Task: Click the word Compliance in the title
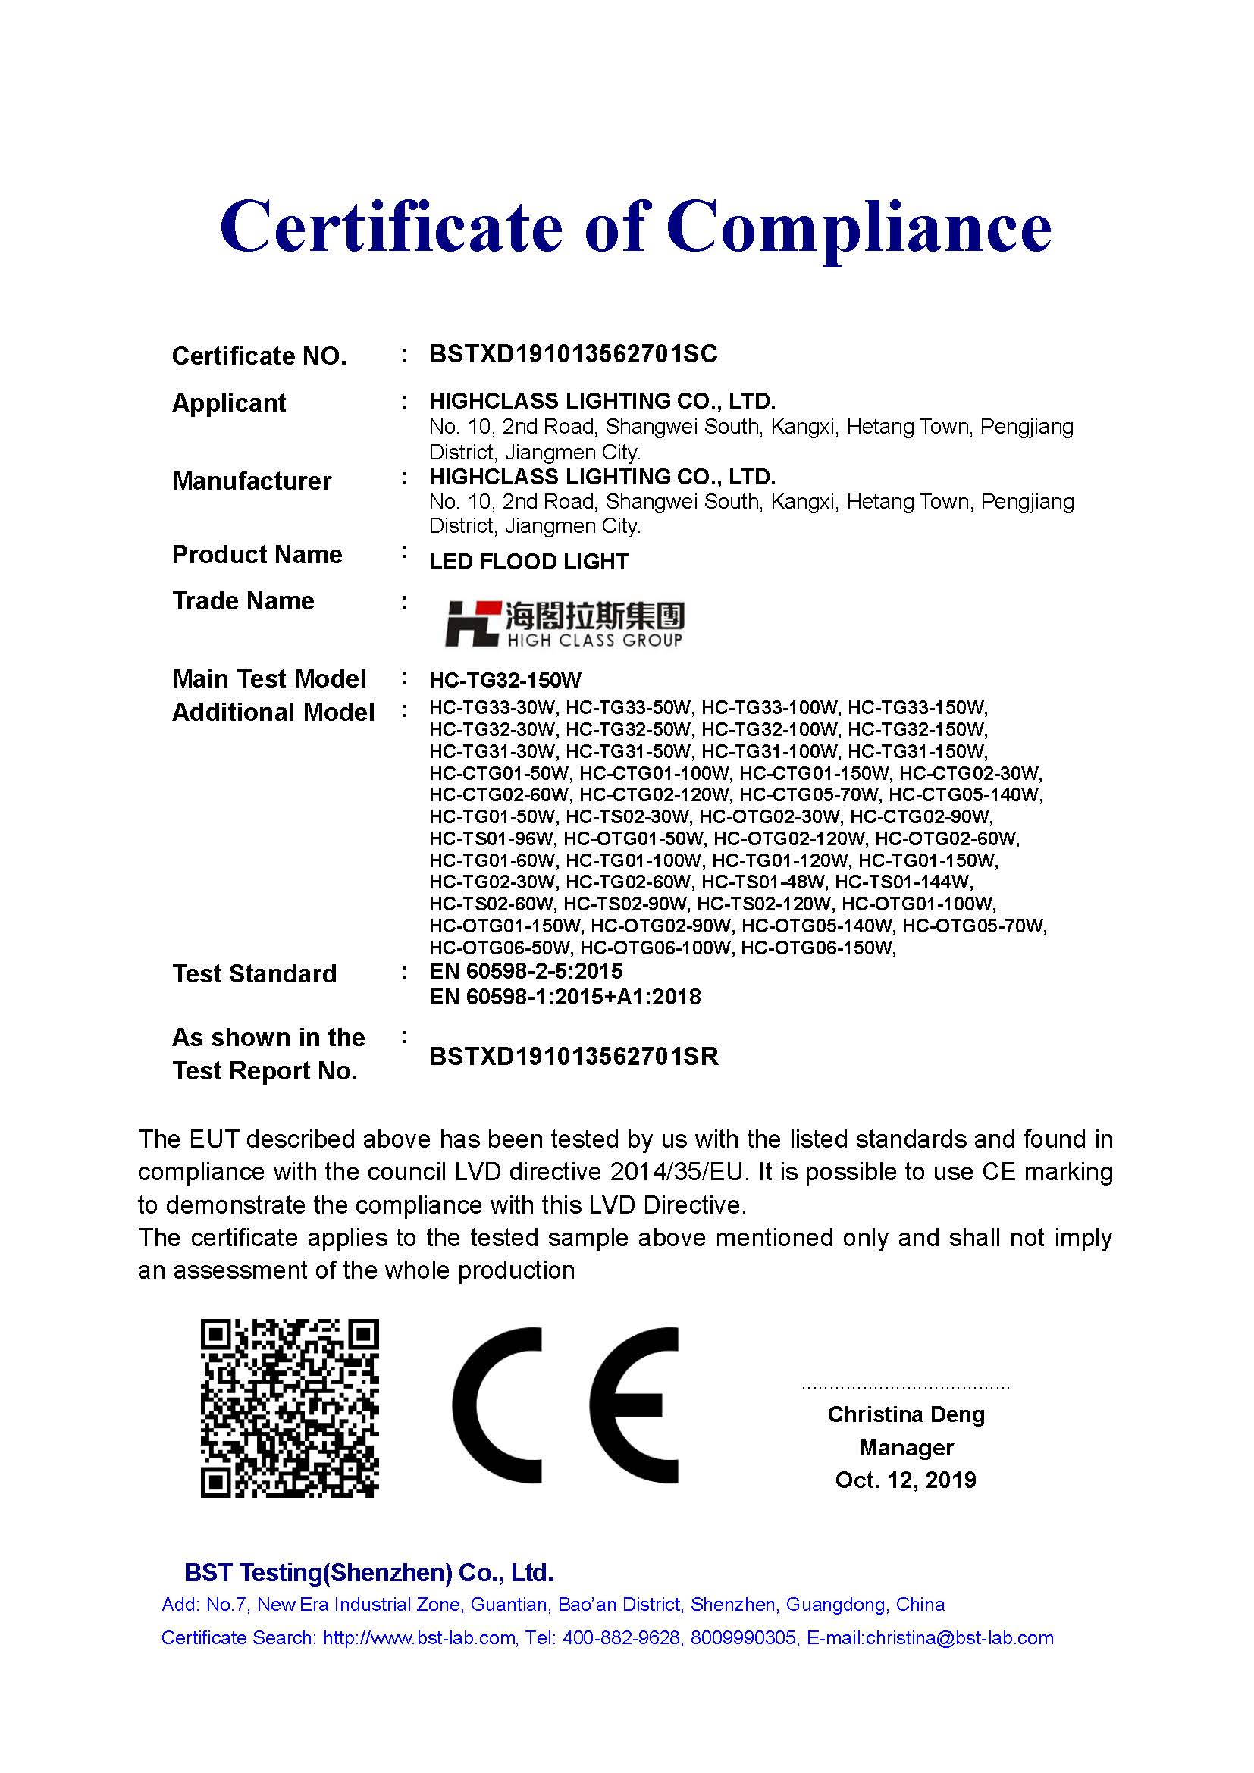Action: pyautogui.click(x=859, y=228)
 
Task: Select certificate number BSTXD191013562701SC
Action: pyautogui.click(x=573, y=355)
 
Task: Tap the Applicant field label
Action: pyautogui.click(x=228, y=403)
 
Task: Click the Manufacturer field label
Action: pyautogui.click(x=252, y=481)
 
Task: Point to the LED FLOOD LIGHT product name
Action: pyautogui.click(x=528, y=562)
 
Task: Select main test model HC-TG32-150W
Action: pyautogui.click(x=505, y=680)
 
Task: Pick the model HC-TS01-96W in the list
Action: pyautogui.click(x=491, y=838)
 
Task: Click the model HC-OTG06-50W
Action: pyautogui.click(x=500, y=948)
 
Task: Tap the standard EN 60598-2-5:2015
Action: pyautogui.click(x=526, y=972)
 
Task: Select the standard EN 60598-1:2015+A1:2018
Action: pyautogui.click(x=565, y=997)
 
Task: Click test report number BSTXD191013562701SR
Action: pyautogui.click(x=574, y=1057)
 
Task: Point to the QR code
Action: pyautogui.click(x=290, y=1408)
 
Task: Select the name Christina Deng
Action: pyautogui.click(x=906, y=1414)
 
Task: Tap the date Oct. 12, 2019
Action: pyautogui.click(x=906, y=1480)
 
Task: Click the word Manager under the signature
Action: pyautogui.click(x=906, y=1448)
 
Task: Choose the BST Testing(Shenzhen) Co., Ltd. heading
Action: pyautogui.click(x=368, y=1572)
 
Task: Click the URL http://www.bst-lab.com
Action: pyautogui.click(x=419, y=1638)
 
